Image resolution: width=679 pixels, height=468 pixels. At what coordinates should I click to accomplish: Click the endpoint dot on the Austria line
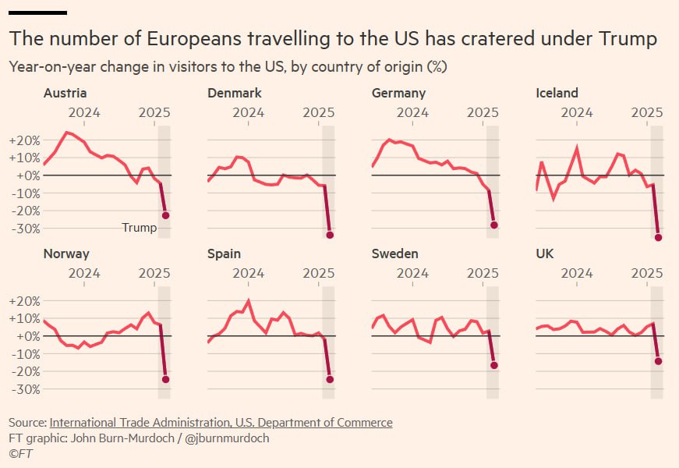tap(165, 215)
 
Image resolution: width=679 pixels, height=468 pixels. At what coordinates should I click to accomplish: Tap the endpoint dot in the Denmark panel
tap(330, 235)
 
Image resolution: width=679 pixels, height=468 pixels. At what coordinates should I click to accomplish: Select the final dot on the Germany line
tap(494, 225)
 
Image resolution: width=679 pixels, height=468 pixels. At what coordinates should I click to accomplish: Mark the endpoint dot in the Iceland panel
tap(659, 237)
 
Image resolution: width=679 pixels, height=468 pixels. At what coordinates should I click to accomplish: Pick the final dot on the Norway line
tap(165, 379)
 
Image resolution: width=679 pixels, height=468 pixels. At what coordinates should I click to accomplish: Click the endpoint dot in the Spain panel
tap(330, 379)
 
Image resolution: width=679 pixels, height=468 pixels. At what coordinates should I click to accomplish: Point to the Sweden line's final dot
tap(494, 365)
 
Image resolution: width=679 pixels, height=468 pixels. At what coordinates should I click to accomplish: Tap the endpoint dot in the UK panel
tap(659, 361)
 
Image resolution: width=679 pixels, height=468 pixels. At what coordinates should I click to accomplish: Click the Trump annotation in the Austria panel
tap(140, 228)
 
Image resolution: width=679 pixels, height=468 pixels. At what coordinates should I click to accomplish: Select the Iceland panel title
tap(557, 94)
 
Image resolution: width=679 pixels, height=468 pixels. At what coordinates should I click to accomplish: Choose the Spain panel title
tap(225, 253)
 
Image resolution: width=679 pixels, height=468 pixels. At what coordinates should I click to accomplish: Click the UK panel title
tap(546, 253)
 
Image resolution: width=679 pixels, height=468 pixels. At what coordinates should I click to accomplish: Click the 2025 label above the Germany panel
tap(483, 113)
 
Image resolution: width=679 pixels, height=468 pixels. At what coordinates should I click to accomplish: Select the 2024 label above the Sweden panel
tap(412, 273)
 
